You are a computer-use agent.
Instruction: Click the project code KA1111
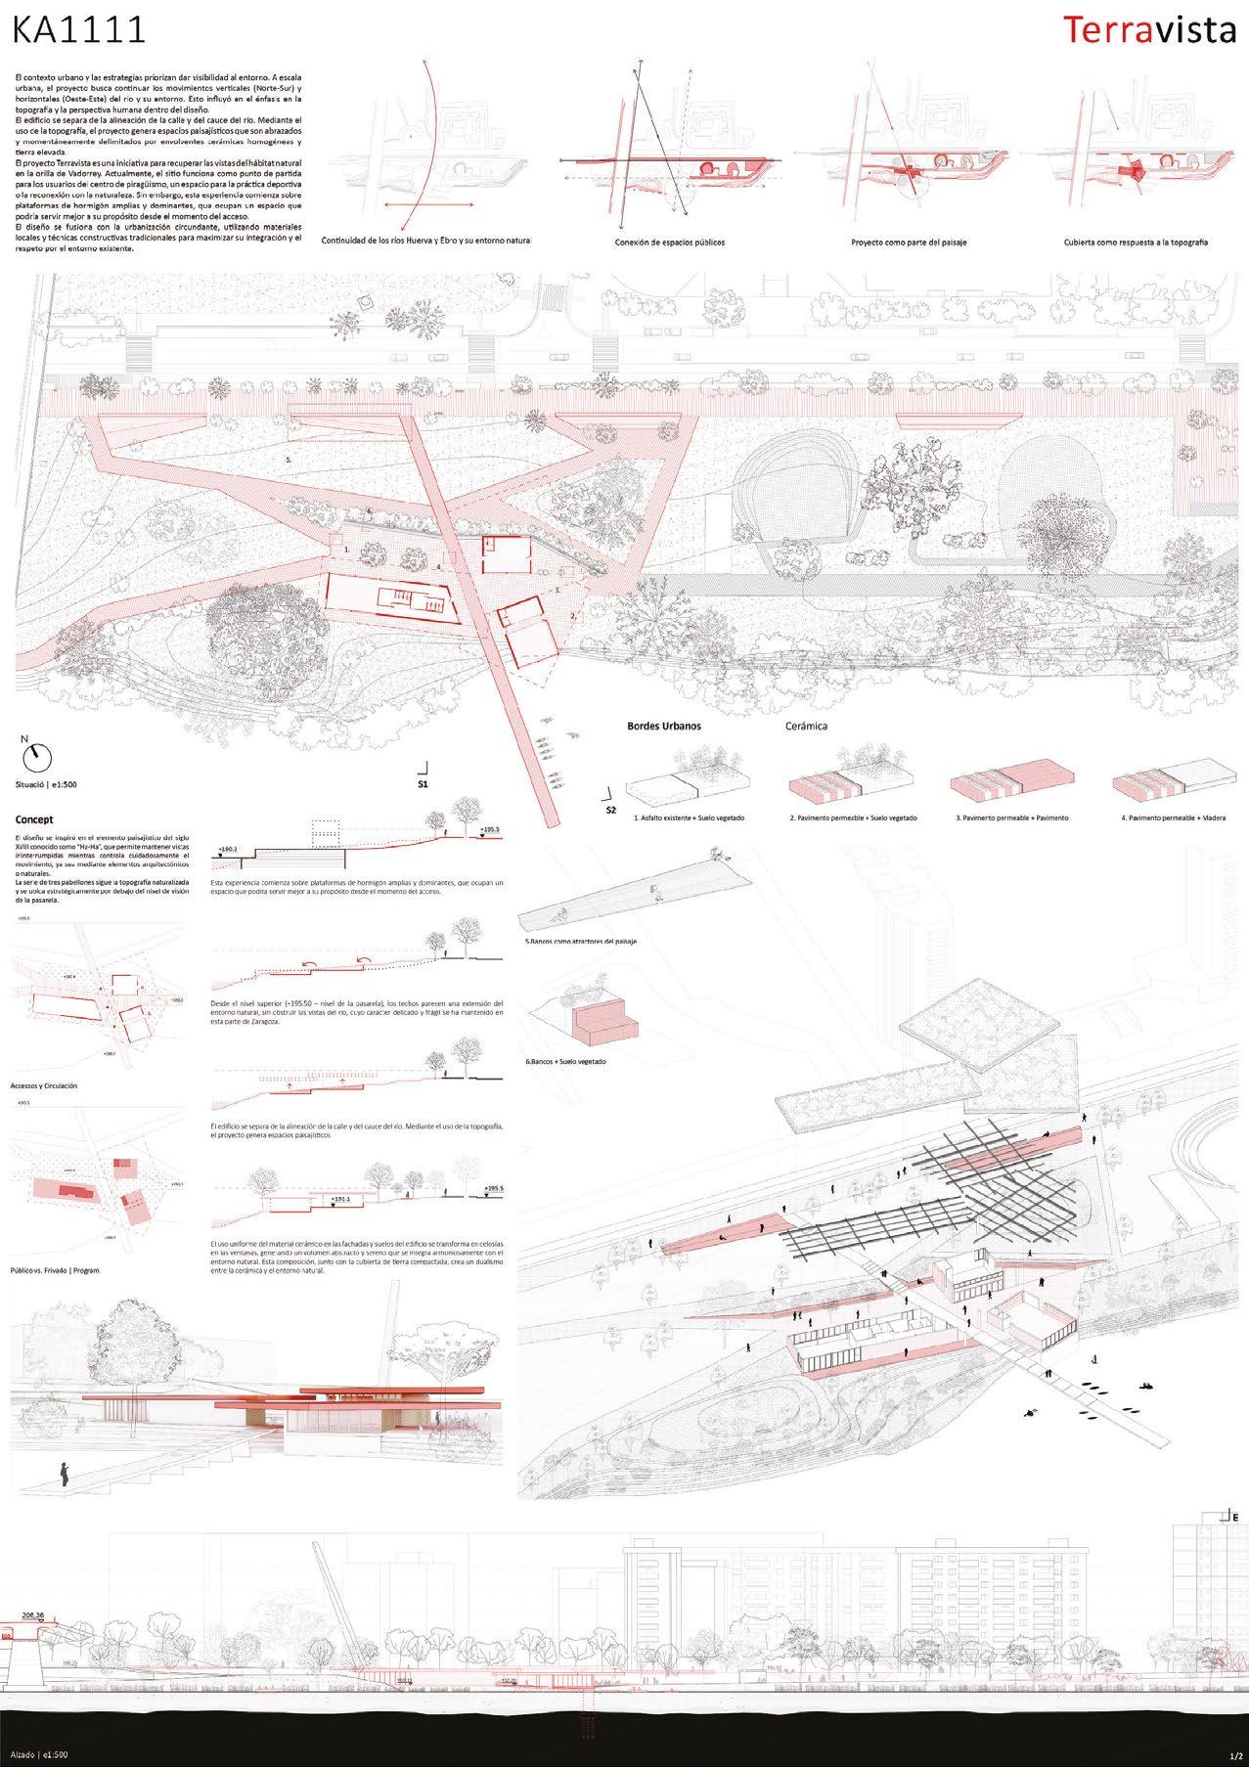click(x=78, y=30)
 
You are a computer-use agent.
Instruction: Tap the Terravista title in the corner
click(x=1149, y=30)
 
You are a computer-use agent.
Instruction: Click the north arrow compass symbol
click(x=37, y=755)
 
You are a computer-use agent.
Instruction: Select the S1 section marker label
click(x=423, y=783)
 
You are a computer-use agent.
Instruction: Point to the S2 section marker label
click(x=611, y=810)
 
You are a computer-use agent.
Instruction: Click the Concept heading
click(x=33, y=819)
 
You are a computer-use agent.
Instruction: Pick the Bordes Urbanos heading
click(x=663, y=727)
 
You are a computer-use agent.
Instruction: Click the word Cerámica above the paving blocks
click(x=806, y=727)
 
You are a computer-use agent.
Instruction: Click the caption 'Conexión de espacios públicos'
click(x=670, y=242)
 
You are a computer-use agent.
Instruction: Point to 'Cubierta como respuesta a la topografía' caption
click(x=1135, y=242)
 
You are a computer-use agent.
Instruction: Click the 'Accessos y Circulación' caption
click(x=43, y=1086)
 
